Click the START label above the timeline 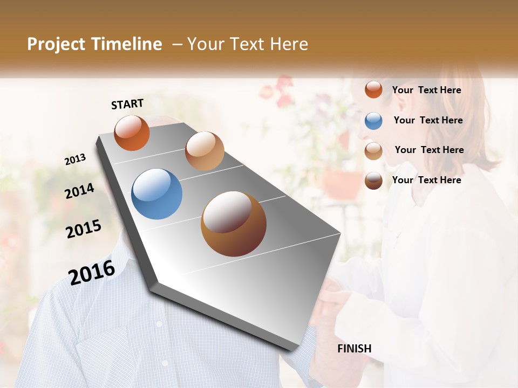click(127, 104)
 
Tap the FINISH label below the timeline click(355, 349)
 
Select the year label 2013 click(76, 160)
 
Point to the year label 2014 click(80, 191)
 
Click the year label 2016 click(92, 272)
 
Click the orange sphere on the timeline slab click(132, 133)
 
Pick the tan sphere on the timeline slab click(205, 150)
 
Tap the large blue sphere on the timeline click(157, 194)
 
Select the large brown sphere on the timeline click(234, 224)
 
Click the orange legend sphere click(373, 90)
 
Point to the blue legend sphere click(373, 121)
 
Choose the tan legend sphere click(373, 151)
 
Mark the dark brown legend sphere click(373, 181)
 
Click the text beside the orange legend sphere click(426, 90)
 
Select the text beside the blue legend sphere click(428, 120)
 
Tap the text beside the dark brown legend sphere click(426, 180)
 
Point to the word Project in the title click(56, 44)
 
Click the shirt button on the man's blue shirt click(159, 324)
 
